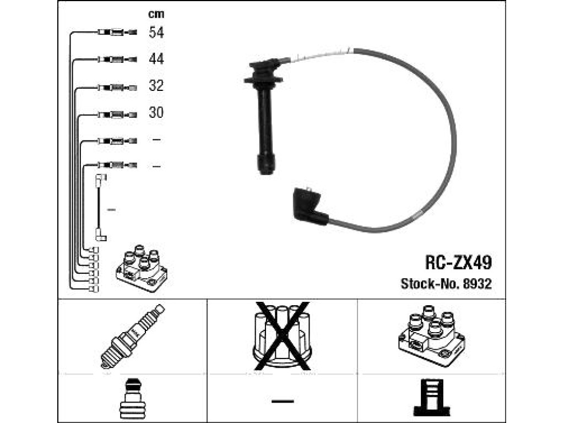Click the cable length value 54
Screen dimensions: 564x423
[156, 32]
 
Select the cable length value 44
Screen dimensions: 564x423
[156, 58]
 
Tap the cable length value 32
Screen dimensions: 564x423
[156, 85]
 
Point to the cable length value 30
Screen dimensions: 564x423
[156, 112]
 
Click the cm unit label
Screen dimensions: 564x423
[156, 14]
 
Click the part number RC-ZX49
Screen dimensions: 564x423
[458, 263]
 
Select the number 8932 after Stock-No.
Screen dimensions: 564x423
[477, 284]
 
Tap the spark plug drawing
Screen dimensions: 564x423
[132, 336]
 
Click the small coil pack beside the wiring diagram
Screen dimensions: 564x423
[142, 268]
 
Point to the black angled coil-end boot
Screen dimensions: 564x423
[310, 206]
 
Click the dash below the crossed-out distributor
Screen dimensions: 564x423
[283, 401]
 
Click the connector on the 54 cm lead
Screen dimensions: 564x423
[117, 32]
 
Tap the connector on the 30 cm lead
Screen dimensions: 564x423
[117, 115]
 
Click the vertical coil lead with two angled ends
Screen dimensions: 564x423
[99, 208]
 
